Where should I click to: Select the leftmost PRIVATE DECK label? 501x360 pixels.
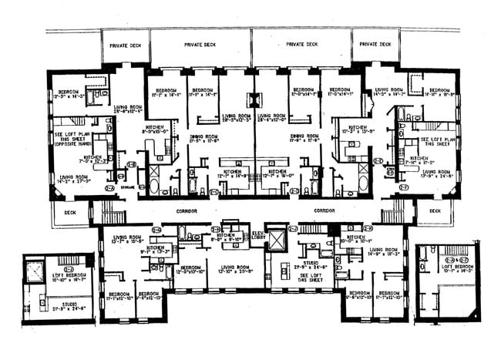pyautogui.click(x=126, y=45)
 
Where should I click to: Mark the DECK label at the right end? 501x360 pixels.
pyautogui.click(x=435, y=210)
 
